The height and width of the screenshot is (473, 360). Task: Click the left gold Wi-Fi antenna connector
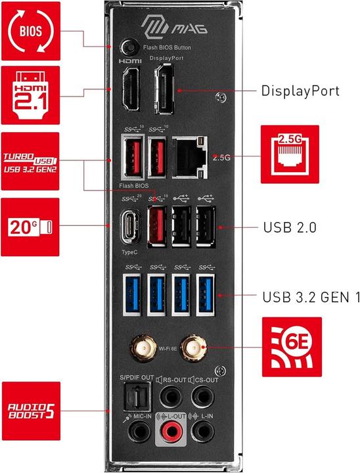141,346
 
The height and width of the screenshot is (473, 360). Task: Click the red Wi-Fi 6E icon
292,346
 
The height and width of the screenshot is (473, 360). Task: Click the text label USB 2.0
290,228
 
